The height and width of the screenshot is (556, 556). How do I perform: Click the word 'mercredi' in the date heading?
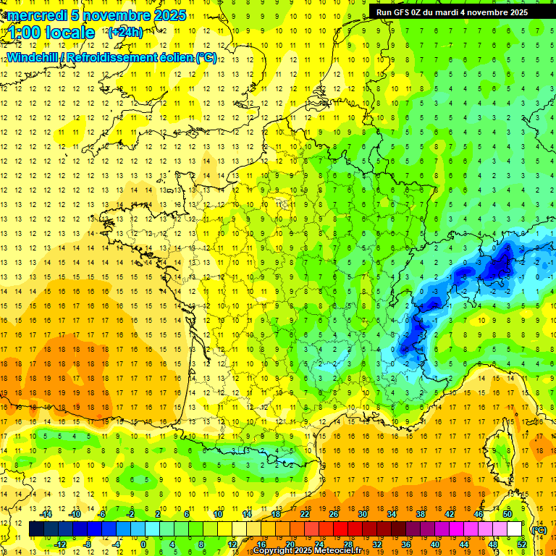click(x=38, y=15)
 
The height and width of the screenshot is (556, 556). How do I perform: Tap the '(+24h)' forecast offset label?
click(x=125, y=32)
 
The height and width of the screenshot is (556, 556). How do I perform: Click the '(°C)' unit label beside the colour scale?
click(x=539, y=530)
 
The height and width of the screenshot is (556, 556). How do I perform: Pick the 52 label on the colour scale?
click(x=521, y=544)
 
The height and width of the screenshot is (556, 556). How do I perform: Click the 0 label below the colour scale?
click(x=143, y=544)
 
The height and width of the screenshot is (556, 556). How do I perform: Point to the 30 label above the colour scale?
click(x=363, y=514)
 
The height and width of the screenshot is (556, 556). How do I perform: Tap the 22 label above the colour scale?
click(x=305, y=514)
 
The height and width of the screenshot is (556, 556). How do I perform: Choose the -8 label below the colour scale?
click(x=88, y=544)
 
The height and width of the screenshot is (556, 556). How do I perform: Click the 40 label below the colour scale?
click(x=434, y=544)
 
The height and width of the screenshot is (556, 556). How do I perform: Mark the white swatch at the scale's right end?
click(x=514, y=529)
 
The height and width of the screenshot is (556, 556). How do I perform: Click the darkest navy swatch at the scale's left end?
click(x=36, y=529)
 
